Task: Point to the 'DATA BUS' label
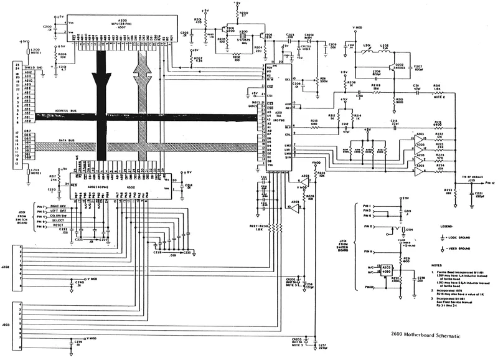(x=68, y=141)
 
